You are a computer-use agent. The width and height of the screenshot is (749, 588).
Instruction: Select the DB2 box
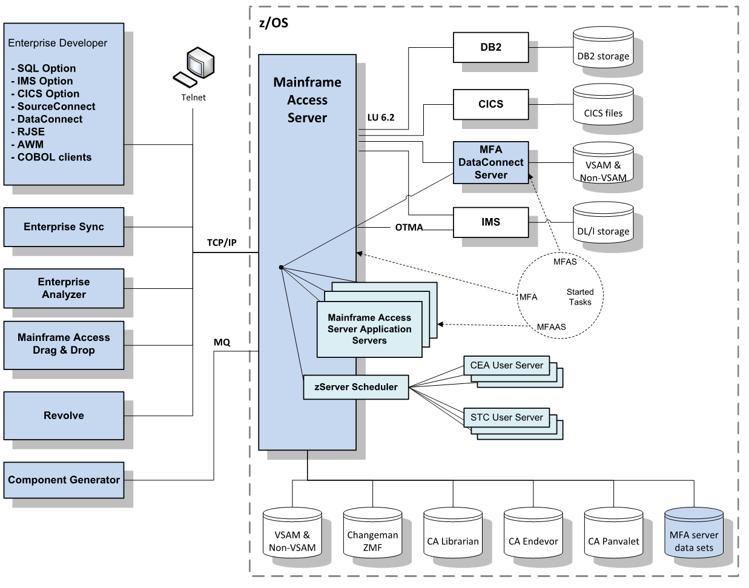[490, 47]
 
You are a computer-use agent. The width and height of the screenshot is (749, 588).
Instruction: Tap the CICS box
[490, 104]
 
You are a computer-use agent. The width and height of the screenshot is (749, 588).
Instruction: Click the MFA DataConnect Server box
[490, 162]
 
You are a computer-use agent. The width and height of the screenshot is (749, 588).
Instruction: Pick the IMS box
[490, 222]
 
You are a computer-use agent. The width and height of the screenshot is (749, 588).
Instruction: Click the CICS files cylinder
[603, 109]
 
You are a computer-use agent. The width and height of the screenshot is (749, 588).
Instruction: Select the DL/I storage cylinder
[603, 227]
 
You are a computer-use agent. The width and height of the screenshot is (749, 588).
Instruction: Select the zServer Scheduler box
[356, 387]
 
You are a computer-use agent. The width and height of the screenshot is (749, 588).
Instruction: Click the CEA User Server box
[506, 365]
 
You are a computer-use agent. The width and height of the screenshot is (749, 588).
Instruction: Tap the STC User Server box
[506, 417]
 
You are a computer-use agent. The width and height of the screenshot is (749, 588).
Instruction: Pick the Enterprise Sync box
[64, 227]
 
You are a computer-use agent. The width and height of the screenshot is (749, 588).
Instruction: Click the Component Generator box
[64, 480]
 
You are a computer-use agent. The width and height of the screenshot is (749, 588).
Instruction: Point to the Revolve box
[64, 415]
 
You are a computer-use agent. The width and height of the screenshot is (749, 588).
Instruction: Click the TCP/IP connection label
[222, 243]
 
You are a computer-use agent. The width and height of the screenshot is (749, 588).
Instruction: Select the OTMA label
[409, 228]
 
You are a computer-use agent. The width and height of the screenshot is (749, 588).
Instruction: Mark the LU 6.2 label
[380, 117]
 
